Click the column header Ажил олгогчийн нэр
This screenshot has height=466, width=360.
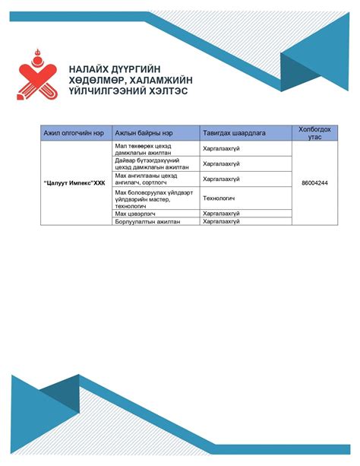coord(73,133)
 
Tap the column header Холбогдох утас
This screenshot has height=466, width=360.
coord(314,133)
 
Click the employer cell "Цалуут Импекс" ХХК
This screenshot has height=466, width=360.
coord(73,183)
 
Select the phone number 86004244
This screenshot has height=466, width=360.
coord(314,183)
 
